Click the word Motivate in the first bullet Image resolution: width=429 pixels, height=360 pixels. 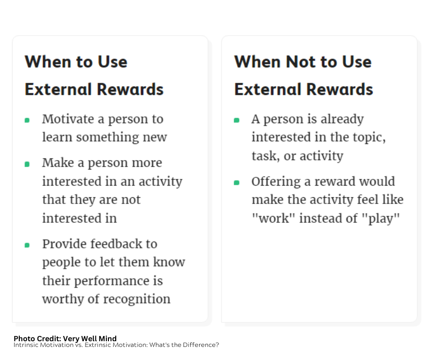pos(68,119)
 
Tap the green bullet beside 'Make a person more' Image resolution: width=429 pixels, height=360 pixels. pos(27,164)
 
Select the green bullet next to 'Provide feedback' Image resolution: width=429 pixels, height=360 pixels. pos(27,245)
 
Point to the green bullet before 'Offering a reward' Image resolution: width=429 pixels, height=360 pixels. pos(237,183)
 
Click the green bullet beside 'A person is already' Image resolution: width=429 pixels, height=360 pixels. pos(237,120)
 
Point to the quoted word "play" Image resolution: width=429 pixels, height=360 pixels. pos(381,219)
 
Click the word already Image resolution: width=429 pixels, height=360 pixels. pos(342,119)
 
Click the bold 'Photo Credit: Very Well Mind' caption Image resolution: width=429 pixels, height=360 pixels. pos(65,339)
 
